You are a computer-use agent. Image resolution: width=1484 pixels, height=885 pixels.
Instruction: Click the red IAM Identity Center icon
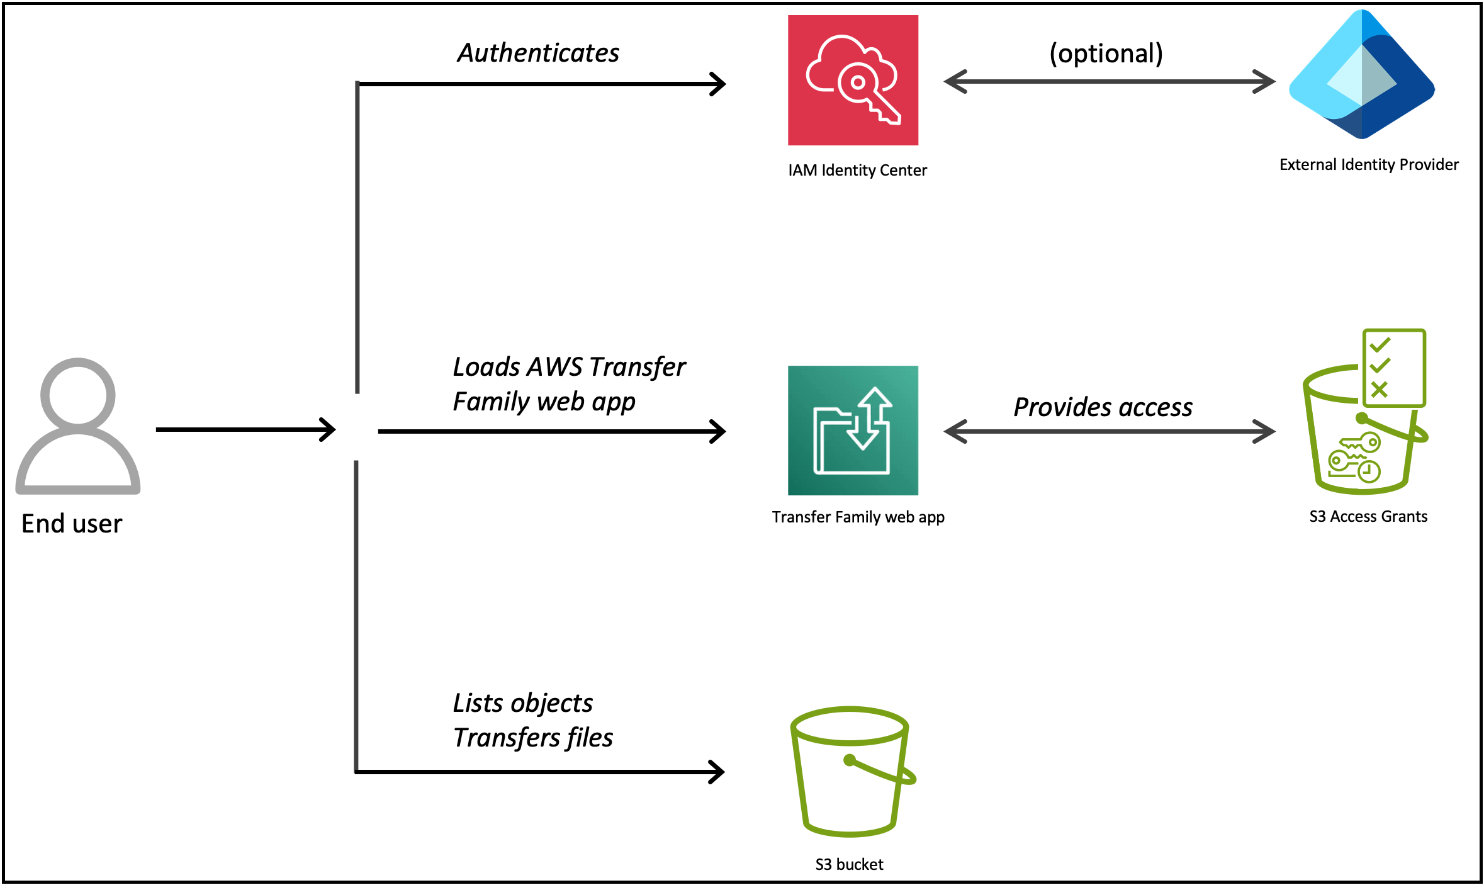(853, 80)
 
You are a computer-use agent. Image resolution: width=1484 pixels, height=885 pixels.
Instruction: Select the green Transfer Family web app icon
(853, 431)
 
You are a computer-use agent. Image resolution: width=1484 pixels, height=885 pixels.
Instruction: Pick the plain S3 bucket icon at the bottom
(850, 772)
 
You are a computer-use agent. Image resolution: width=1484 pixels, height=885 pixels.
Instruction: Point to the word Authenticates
(538, 53)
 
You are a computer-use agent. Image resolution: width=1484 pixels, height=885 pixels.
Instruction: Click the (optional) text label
(1106, 54)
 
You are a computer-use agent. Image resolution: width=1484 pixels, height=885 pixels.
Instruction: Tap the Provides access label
(1103, 408)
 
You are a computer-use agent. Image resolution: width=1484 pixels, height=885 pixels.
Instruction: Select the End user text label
(72, 524)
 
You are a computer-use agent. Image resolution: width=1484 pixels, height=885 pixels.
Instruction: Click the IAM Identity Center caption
(857, 171)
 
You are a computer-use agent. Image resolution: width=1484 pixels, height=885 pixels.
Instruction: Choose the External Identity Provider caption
(1369, 165)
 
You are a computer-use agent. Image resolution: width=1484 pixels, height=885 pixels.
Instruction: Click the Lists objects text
(522, 703)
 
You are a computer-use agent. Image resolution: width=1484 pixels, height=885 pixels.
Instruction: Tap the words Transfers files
(533, 738)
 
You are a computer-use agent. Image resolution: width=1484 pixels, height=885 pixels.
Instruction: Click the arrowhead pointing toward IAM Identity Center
(719, 84)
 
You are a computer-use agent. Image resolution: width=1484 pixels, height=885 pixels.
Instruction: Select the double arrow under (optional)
(1109, 82)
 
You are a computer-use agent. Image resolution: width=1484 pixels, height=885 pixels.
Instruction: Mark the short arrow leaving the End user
(245, 430)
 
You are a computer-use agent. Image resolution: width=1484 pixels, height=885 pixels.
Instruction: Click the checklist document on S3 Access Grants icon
(1393, 368)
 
